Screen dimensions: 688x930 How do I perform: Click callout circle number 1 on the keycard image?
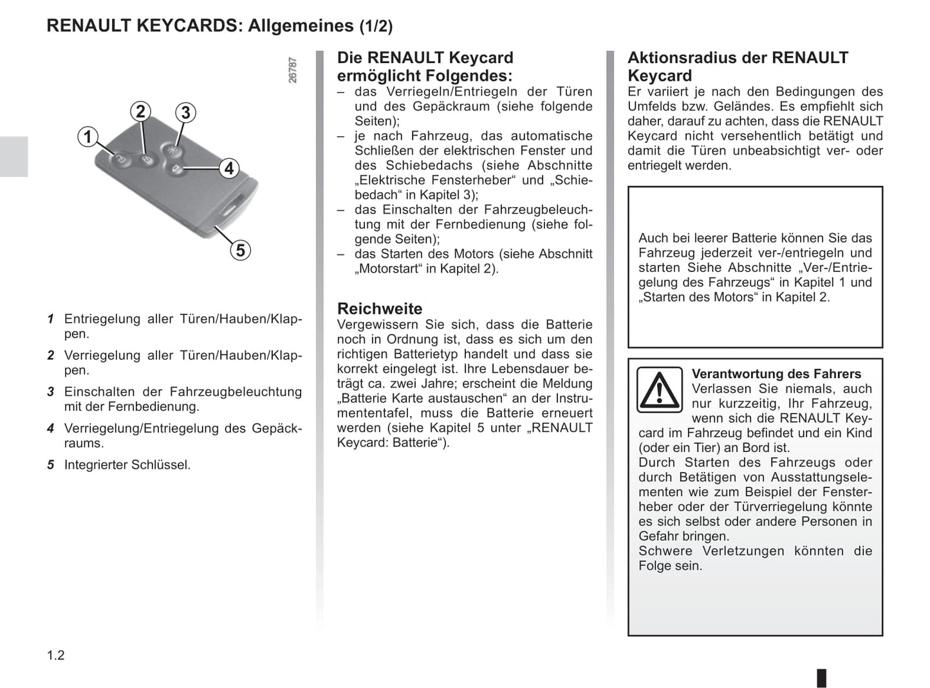click(x=88, y=137)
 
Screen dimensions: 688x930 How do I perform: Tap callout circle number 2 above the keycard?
click(x=141, y=111)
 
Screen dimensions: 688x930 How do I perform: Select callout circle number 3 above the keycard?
click(x=185, y=113)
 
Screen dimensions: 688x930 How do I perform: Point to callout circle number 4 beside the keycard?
click(x=228, y=168)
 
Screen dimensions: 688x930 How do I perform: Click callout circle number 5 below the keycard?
click(x=240, y=249)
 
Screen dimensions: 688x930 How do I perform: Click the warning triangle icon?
click(x=659, y=390)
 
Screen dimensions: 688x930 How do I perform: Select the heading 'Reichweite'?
click(x=380, y=309)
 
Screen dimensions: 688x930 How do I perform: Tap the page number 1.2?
click(x=56, y=655)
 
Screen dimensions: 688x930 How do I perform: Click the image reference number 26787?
click(x=293, y=70)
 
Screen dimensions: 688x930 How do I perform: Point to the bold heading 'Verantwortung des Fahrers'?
click(x=776, y=374)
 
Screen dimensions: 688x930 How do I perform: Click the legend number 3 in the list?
click(x=50, y=392)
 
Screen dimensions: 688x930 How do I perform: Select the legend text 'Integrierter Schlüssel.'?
click(x=127, y=465)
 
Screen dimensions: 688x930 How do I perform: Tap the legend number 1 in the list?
click(x=50, y=319)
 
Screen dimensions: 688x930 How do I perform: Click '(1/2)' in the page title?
click(x=376, y=26)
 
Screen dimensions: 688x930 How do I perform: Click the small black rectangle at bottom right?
click(x=821, y=678)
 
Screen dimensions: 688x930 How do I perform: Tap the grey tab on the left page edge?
click(x=14, y=156)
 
